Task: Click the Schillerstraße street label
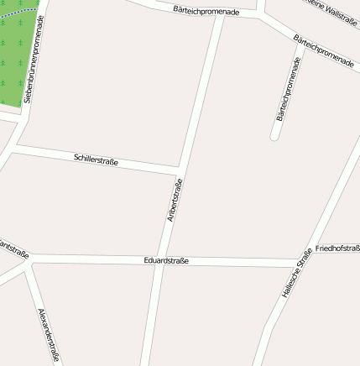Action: pos(96,159)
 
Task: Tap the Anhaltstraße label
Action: pos(175,201)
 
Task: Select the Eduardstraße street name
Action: pos(166,260)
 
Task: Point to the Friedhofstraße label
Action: pos(337,249)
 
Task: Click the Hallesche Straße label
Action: pos(297,273)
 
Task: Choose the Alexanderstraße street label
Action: pos(49,335)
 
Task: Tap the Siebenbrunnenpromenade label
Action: pos(34,58)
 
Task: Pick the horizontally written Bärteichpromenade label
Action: pos(206,11)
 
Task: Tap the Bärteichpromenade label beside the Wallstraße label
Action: pos(324,52)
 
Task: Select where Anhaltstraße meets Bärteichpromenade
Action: pos(220,14)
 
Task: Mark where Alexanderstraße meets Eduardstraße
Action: pos(31,261)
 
